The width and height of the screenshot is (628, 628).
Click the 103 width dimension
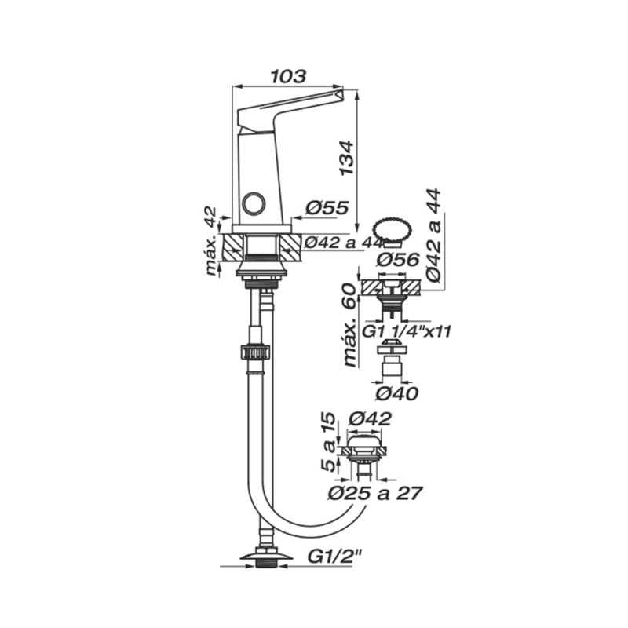click(x=288, y=76)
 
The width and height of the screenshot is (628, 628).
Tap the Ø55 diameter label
click(x=327, y=208)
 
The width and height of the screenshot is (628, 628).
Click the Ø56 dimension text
click(x=398, y=260)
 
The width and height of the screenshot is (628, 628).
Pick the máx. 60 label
click(x=349, y=324)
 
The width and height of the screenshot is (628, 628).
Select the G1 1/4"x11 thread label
click(x=407, y=331)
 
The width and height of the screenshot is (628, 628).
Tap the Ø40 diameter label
click(x=397, y=394)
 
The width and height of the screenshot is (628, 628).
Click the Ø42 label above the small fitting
click(x=370, y=419)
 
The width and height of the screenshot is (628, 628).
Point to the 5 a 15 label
click(x=328, y=442)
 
